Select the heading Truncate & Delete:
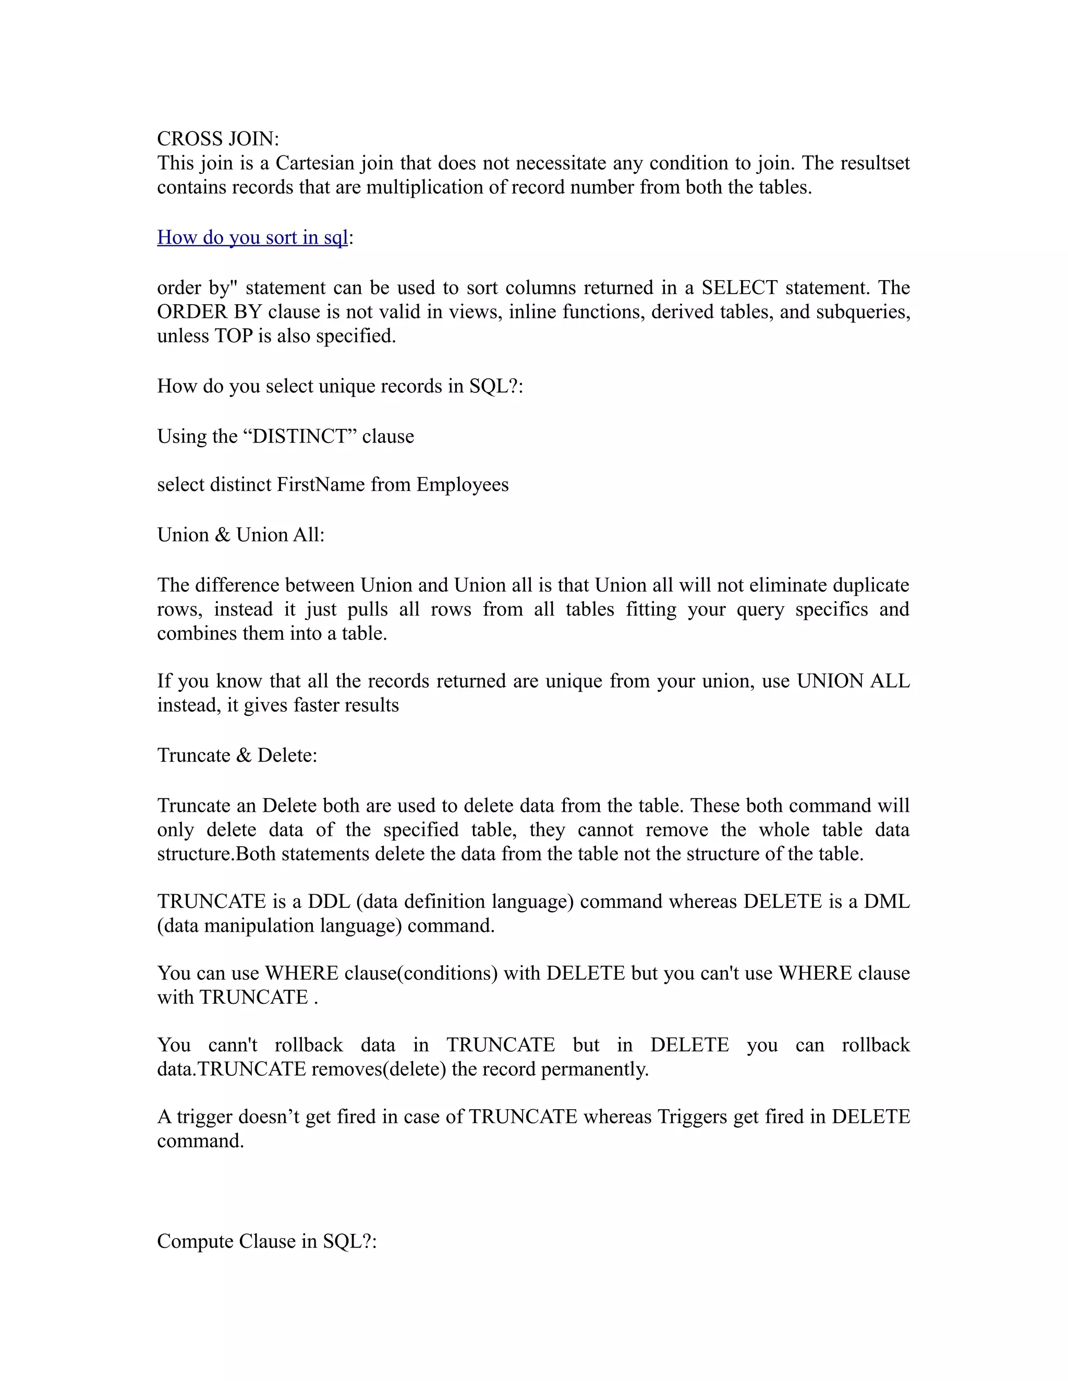coord(237,755)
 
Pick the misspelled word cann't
coord(233,1044)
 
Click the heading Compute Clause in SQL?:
coord(266,1241)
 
